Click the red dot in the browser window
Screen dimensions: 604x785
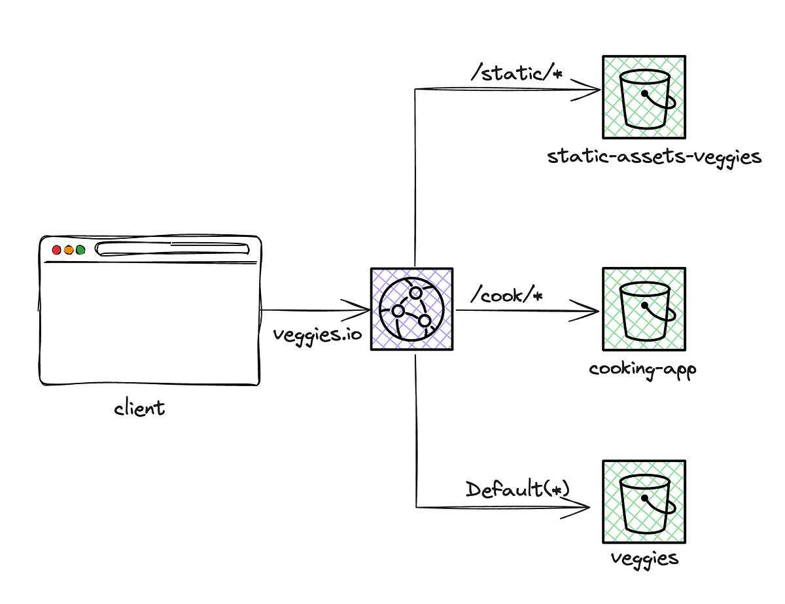click(x=56, y=249)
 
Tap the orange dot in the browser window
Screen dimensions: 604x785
click(x=68, y=249)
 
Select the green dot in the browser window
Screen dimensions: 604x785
click(x=80, y=249)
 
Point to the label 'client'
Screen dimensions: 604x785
click(x=139, y=409)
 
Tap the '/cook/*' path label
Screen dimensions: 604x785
click(x=507, y=296)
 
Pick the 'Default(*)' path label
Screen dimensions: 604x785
click(x=517, y=489)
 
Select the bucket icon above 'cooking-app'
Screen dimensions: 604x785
click(x=644, y=309)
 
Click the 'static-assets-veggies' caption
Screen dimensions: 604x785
click(x=654, y=158)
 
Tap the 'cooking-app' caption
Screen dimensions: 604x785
click(x=642, y=368)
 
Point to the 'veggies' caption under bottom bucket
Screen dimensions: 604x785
click(x=644, y=559)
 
